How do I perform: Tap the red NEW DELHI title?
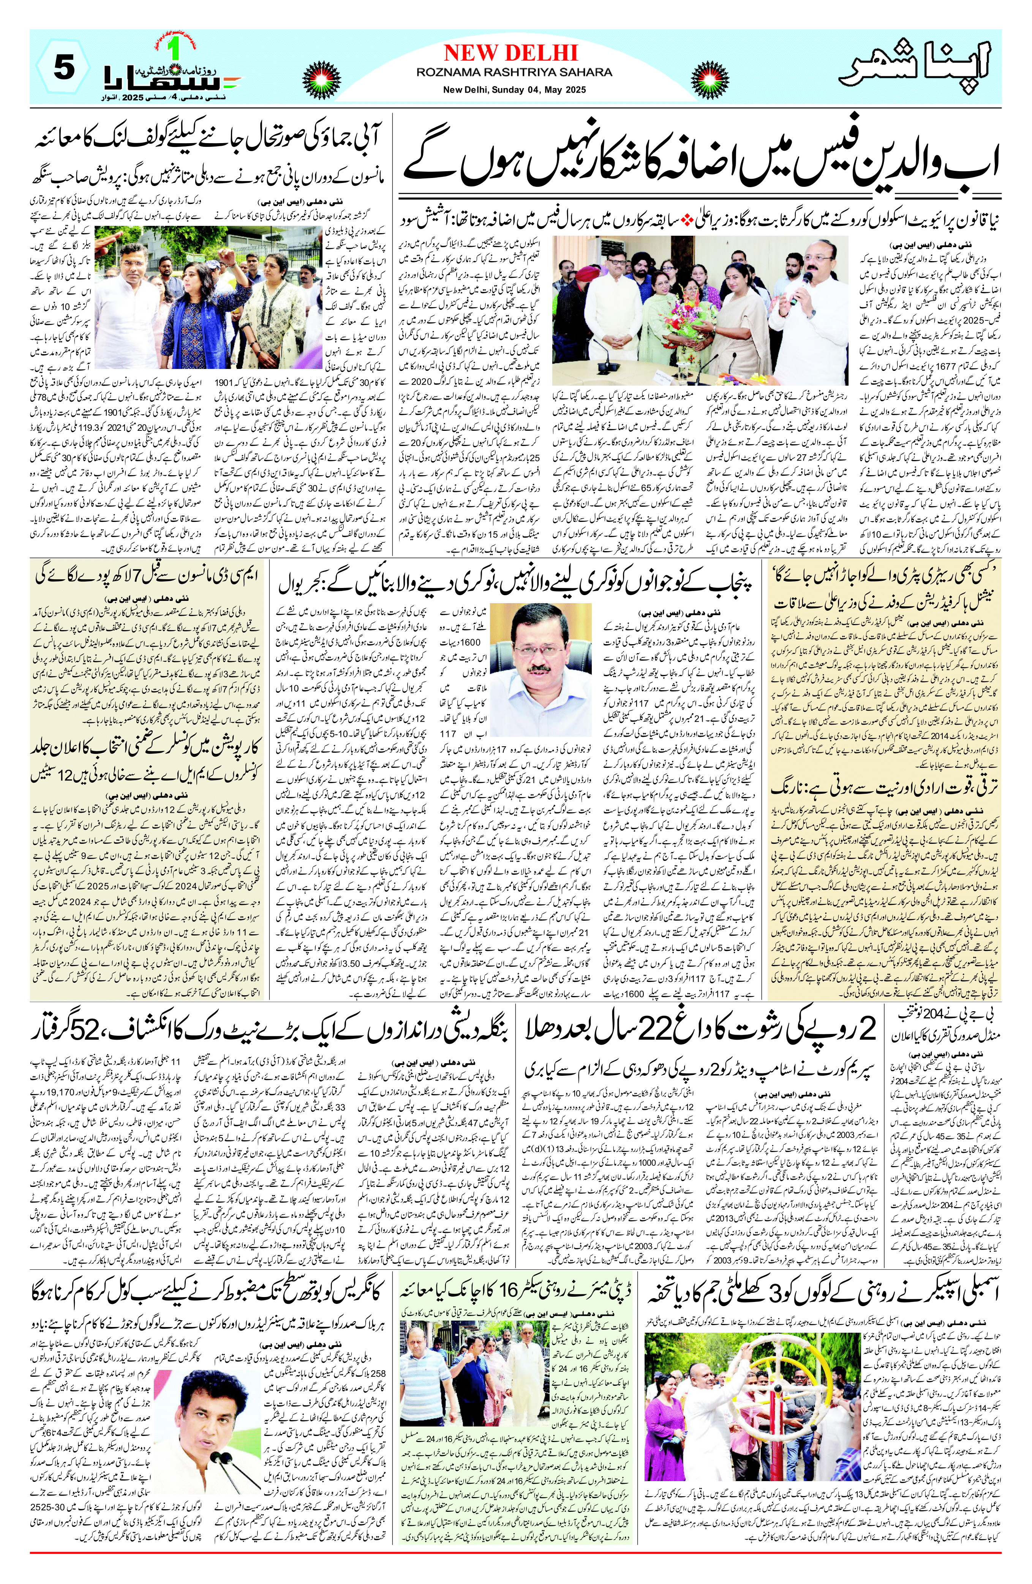point(510,53)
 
